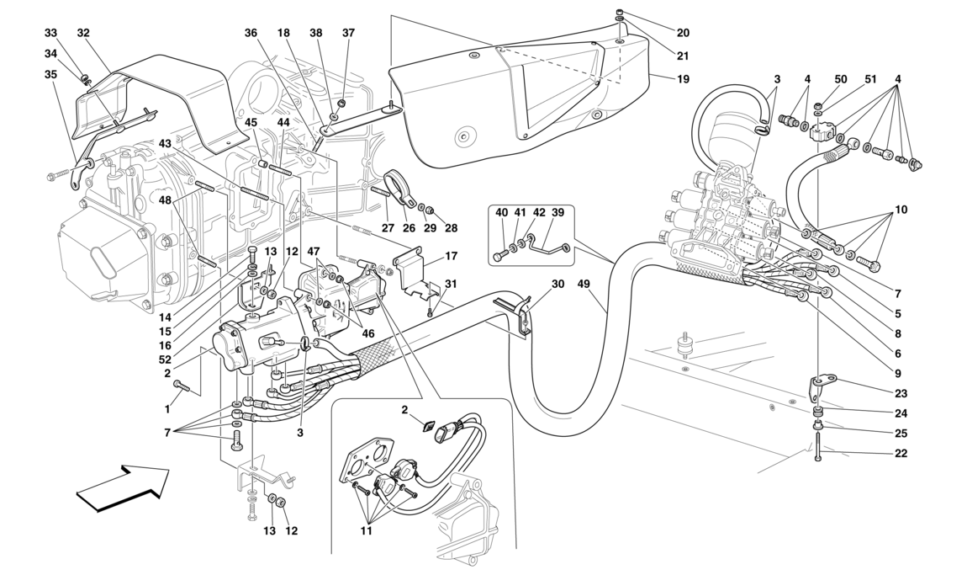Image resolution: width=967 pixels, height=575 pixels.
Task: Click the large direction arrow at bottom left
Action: pyautogui.click(x=123, y=487)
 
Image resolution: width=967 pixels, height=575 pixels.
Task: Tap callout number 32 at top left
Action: pyautogui.click(x=83, y=33)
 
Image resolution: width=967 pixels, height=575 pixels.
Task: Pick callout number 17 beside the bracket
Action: pyautogui.click(x=451, y=255)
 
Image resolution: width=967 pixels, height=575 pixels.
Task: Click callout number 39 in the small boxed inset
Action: pyautogui.click(x=559, y=213)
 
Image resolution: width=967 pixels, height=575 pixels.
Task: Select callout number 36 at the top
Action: pyautogui.click(x=251, y=33)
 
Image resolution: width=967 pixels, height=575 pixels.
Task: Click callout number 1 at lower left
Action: pyautogui.click(x=166, y=409)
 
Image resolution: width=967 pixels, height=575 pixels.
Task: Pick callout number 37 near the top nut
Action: pyautogui.click(x=349, y=33)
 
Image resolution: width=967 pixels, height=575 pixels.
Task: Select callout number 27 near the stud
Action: pyautogui.click(x=388, y=226)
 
